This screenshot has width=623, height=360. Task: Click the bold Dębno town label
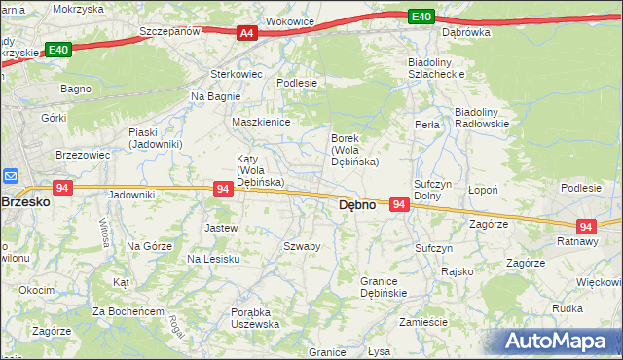pos(356,206)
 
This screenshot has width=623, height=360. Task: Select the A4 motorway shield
pos(247,33)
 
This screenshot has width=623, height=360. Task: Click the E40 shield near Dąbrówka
pos(421,17)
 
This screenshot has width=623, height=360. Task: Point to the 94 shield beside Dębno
pos(399,204)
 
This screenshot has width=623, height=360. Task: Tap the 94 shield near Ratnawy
pos(585,225)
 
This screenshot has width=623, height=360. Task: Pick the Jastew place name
pos(220,228)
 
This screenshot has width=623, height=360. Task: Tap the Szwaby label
pos(302,246)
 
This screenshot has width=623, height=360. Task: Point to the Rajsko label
pos(457,271)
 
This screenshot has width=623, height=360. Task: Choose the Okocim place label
pos(36,290)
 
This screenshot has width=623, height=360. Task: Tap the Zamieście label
pos(422,322)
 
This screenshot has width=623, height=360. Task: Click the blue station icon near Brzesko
pos(11,176)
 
